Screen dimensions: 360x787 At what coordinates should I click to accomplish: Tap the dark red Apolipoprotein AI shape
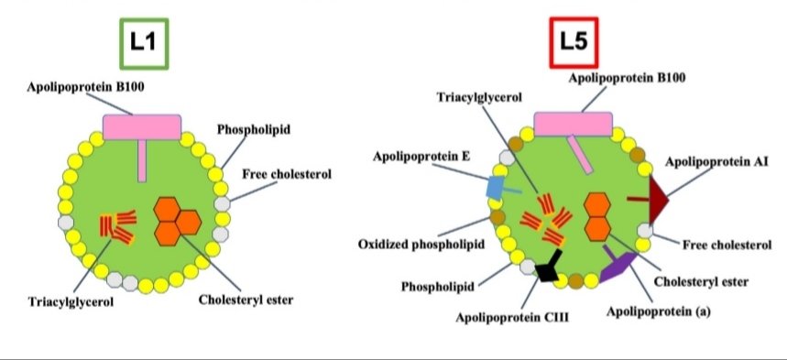[658, 196]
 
